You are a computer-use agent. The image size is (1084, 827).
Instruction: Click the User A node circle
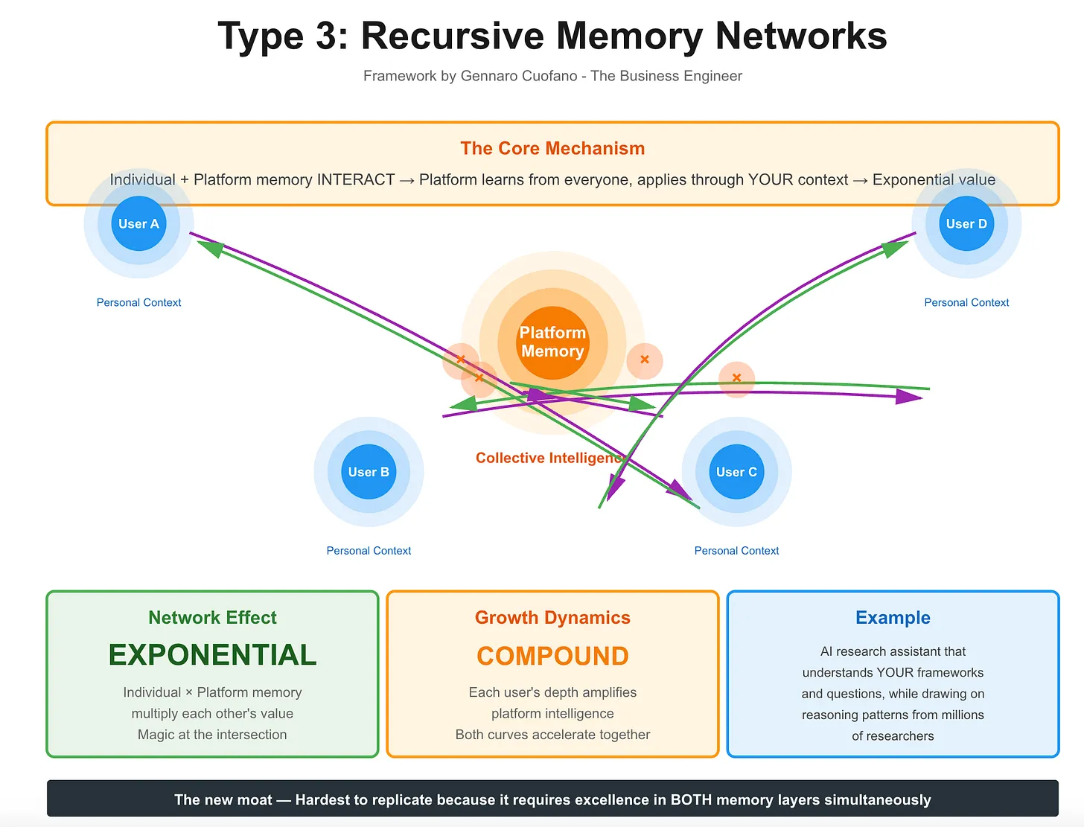click(138, 223)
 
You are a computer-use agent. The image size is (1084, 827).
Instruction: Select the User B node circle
click(369, 472)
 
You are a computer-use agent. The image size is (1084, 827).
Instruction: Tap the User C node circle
click(736, 472)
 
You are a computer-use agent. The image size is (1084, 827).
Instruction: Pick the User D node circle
click(966, 223)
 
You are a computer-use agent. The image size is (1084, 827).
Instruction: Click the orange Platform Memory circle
click(552, 342)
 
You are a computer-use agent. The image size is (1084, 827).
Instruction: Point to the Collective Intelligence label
click(549, 458)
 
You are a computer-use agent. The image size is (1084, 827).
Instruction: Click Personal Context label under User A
click(138, 302)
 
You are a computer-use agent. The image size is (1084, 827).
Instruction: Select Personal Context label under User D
click(966, 302)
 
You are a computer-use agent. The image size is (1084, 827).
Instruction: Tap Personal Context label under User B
click(369, 551)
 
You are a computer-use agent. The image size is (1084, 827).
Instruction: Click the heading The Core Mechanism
click(552, 148)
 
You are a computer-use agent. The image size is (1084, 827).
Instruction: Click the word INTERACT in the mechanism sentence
click(356, 179)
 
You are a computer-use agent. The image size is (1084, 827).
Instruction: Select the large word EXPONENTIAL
click(212, 655)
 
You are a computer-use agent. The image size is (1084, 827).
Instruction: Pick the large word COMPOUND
click(552, 656)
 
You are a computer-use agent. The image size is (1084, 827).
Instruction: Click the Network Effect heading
click(212, 617)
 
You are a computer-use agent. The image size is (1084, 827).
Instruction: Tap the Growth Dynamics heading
click(552, 617)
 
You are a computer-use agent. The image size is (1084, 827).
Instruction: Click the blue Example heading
click(893, 617)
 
